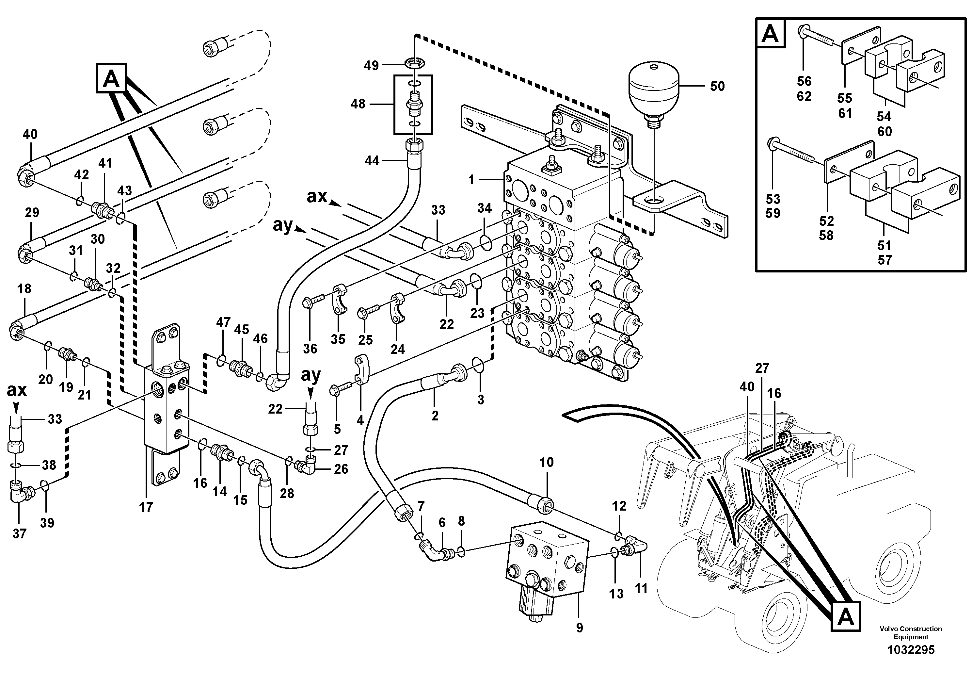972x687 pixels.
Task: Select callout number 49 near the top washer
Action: pos(371,66)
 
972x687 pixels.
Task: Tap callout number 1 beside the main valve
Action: pos(471,180)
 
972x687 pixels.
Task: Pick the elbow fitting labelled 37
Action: pos(19,496)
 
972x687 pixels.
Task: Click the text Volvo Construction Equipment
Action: pos(911,633)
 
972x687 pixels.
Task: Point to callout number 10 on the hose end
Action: pos(547,462)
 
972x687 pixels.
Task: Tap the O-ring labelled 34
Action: pos(486,242)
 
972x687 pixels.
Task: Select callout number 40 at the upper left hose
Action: pos(30,134)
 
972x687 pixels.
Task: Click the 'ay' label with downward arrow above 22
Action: pos(311,375)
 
